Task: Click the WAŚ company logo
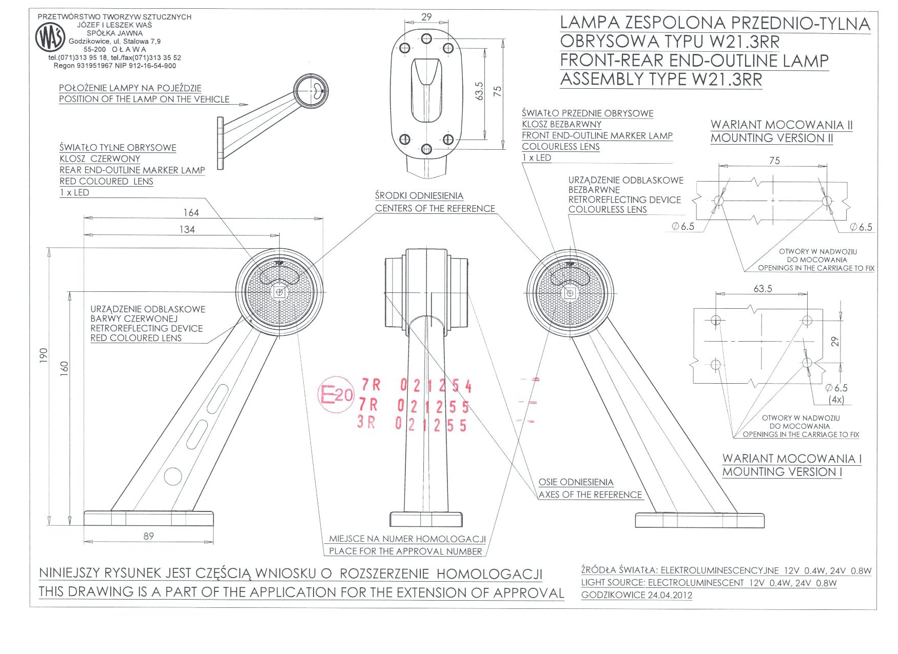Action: click(x=50, y=37)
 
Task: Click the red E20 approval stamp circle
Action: click(x=336, y=394)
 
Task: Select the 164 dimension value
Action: click(x=191, y=212)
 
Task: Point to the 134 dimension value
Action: click(x=187, y=229)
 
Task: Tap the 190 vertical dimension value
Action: click(x=44, y=355)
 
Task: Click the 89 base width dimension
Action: click(x=148, y=536)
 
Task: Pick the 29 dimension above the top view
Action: click(x=426, y=17)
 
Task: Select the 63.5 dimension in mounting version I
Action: click(x=763, y=289)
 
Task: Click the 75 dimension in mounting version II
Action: click(x=774, y=161)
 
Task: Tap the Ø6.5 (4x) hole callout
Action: click(x=836, y=393)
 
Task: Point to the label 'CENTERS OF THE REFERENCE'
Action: click(x=435, y=208)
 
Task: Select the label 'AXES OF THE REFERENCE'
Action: click(x=590, y=494)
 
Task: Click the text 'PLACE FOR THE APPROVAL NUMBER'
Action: click(x=405, y=551)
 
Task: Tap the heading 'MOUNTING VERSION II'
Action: click(x=772, y=138)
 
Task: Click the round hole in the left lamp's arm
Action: click(x=173, y=476)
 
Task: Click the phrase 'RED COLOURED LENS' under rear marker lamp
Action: click(x=106, y=181)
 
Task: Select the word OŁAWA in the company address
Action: click(x=128, y=49)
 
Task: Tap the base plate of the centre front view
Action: click(x=426, y=519)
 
